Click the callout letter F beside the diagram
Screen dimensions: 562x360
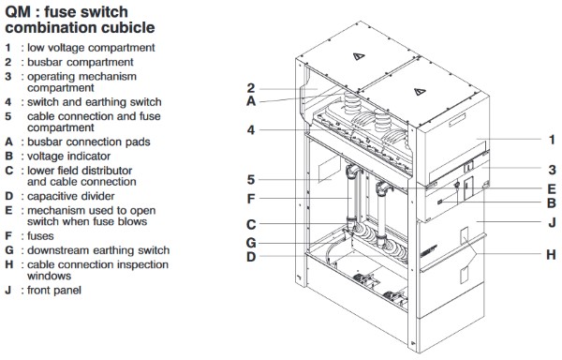251,199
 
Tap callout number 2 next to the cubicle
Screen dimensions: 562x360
251,88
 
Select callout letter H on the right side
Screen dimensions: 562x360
552,255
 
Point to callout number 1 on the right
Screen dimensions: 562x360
553,140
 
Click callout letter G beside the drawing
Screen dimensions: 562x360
251,243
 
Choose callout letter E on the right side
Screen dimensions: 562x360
552,188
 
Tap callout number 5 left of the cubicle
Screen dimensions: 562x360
251,179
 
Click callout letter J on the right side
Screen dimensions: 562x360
553,222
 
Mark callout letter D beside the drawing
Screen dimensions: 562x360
251,256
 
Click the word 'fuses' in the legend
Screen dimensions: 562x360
40,236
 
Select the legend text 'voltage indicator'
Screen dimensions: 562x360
68,157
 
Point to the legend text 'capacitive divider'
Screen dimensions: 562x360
71,196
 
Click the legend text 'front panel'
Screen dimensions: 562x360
54,290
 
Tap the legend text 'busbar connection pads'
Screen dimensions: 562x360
89,142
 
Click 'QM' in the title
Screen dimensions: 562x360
18,12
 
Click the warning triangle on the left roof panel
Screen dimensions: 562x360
359,56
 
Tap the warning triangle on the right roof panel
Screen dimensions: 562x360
420,92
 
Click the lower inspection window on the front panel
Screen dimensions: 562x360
465,275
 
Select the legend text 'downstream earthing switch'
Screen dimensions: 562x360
98,250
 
